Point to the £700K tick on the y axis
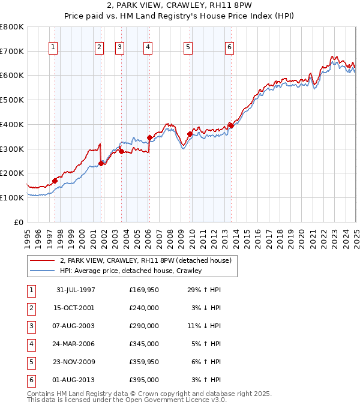click(12, 51)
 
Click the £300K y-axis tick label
click(12, 149)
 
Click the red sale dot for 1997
click(55, 180)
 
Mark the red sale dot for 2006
click(149, 137)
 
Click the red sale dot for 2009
click(190, 134)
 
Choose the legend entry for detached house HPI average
click(130, 271)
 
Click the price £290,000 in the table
click(144, 326)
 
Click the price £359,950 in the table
click(144, 362)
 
